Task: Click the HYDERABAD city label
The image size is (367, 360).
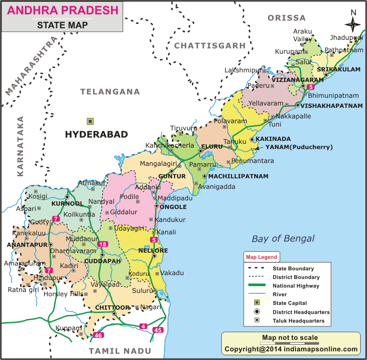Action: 96,135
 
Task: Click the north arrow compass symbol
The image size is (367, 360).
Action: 353,24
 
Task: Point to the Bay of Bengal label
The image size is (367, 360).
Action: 284,238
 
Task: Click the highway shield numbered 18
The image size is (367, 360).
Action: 102,244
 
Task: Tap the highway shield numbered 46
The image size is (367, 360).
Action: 98,335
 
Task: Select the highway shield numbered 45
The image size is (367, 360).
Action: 157,330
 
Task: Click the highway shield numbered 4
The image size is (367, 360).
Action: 143,326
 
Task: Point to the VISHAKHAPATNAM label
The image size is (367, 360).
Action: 331,105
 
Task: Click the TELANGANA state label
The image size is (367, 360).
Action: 110,92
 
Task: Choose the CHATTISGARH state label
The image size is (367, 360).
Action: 210,46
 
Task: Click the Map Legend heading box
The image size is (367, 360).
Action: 261,257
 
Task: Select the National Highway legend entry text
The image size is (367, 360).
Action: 293,286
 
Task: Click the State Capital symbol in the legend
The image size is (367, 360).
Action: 257,302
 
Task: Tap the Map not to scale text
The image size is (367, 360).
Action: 290,338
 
